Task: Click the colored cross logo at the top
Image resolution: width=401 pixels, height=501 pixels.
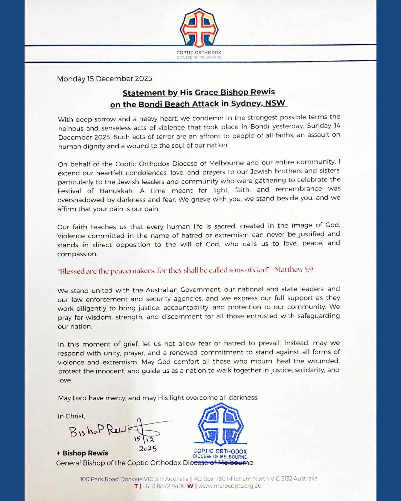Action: tap(199, 28)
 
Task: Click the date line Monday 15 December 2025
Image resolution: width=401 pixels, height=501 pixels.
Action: tap(104, 79)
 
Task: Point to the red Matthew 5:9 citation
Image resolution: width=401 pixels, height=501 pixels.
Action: tap(294, 269)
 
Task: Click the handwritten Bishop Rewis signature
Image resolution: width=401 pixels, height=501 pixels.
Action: tap(100, 431)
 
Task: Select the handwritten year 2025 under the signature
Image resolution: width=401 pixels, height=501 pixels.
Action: tap(148, 448)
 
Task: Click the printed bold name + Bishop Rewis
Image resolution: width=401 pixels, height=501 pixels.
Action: tap(83, 453)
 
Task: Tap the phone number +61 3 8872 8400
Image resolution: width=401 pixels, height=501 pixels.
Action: tap(164, 486)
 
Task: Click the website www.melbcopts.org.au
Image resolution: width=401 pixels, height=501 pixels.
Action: tap(230, 486)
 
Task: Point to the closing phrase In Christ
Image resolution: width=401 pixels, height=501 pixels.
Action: tap(71, 416)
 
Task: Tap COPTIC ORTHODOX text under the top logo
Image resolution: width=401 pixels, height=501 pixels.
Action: tap(199, 52)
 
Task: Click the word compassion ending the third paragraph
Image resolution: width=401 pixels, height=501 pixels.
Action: tap(77, 254)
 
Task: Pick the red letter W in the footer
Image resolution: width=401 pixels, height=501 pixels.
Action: tap(190, 486)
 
